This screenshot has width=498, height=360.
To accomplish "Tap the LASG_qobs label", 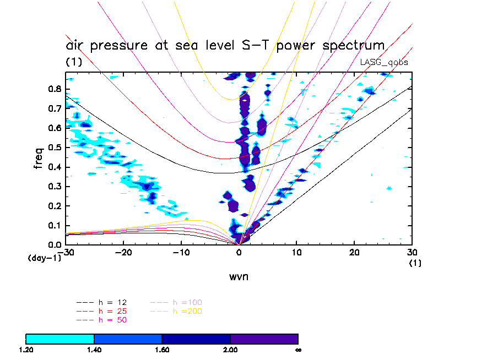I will point(384,62).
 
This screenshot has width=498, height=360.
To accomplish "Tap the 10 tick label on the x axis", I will point(296,252).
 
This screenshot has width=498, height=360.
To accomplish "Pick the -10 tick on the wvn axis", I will point(180,244).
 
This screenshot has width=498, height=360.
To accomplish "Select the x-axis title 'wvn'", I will point(239,276).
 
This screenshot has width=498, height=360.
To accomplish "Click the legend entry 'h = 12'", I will point(111,303).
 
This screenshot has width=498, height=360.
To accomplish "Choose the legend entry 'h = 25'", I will point(111,312).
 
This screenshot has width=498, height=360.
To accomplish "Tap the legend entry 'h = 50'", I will point(111,320).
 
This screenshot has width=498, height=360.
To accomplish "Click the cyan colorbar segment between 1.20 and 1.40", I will point(60,339).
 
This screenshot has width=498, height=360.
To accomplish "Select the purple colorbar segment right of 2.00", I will point(264,339).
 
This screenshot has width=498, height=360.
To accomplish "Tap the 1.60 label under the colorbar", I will point(161,350).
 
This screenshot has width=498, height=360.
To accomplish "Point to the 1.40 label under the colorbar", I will point(94,350).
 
